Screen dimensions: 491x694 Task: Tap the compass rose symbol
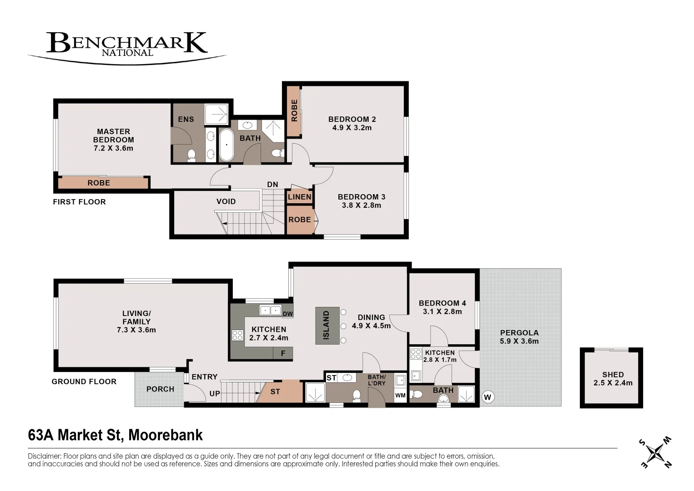pyautogui.click(x=656, y=452)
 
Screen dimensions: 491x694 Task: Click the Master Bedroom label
pyautogui.click(x=113, y=135)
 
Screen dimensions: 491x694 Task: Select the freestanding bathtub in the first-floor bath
pyautogui.click(x=226, y=145)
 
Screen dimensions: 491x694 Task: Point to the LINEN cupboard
pyautogui.click(x=299, y=197)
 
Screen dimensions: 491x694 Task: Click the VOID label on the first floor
pyautogui.click(x=226, y=201)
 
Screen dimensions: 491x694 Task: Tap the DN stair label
pyautogui.click(x=272, y=185)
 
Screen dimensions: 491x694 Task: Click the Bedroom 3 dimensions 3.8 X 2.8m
pyautogui.click(x=362, y=205)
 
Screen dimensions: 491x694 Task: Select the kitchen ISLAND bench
pyautogui.click(x=327, y=325)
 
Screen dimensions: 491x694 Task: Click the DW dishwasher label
pyautogui.click(x=287, y=314)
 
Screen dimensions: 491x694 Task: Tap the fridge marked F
pyautogui.click(x=283, y=353)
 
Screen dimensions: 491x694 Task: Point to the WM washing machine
pyautogui.click(x=400, y=396)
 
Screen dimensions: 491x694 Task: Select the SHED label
pyautogui.click(x=613, y=375)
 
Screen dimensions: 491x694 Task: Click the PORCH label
pyautogui.click(x=160, y=389)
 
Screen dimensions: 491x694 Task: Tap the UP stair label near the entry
pyautogui.click(x=215, y=394)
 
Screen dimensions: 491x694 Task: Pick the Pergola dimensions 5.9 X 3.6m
pyautogui.click(x=519, y=341)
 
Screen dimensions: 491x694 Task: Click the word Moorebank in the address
pyautogui.click(x=166, y=435)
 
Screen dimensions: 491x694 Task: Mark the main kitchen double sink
pyautogui.click(x=270, y=311)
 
